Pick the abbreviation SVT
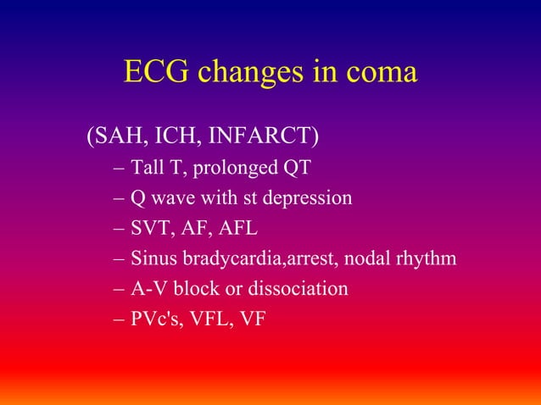pyautogui.click(x=150, y=228)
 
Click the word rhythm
pyautogui.click(x=430, y=258)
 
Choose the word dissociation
pyautogui.click(x=299, y=289)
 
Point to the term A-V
pyautogui.click(x=149, y=289)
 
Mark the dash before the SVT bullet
pyautogui.click(x=119, y=229)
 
